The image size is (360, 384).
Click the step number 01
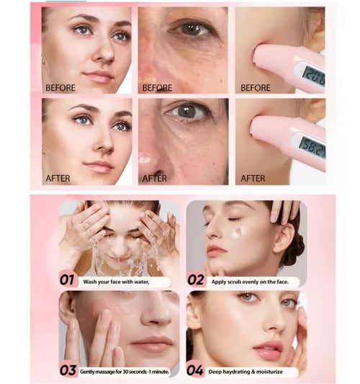(x=67, y=280)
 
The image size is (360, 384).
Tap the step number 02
(x=196, y=280)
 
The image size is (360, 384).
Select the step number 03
(x=68, y=370)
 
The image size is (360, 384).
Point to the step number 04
(x=195, y=370)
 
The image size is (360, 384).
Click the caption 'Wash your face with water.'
(x=116, y=282)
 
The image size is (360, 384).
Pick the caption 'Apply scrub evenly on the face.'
(x=250, y=282)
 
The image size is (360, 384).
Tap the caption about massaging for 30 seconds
(x=125, y=372)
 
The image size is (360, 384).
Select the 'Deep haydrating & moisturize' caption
(x=246, y=372)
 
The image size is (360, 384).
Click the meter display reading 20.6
(x=314, y=76)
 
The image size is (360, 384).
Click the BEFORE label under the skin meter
(x=256, y=88)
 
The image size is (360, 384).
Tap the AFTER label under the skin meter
(x=253, y=178)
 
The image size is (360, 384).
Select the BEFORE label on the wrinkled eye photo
(x=157, y=88)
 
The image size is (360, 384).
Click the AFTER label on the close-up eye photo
(x=154, y=178)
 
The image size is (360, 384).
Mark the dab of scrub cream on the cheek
(x=237, y=233)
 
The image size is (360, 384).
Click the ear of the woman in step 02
(x=284, y=238)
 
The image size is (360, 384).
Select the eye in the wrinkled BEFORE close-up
(x=192, y=28)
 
